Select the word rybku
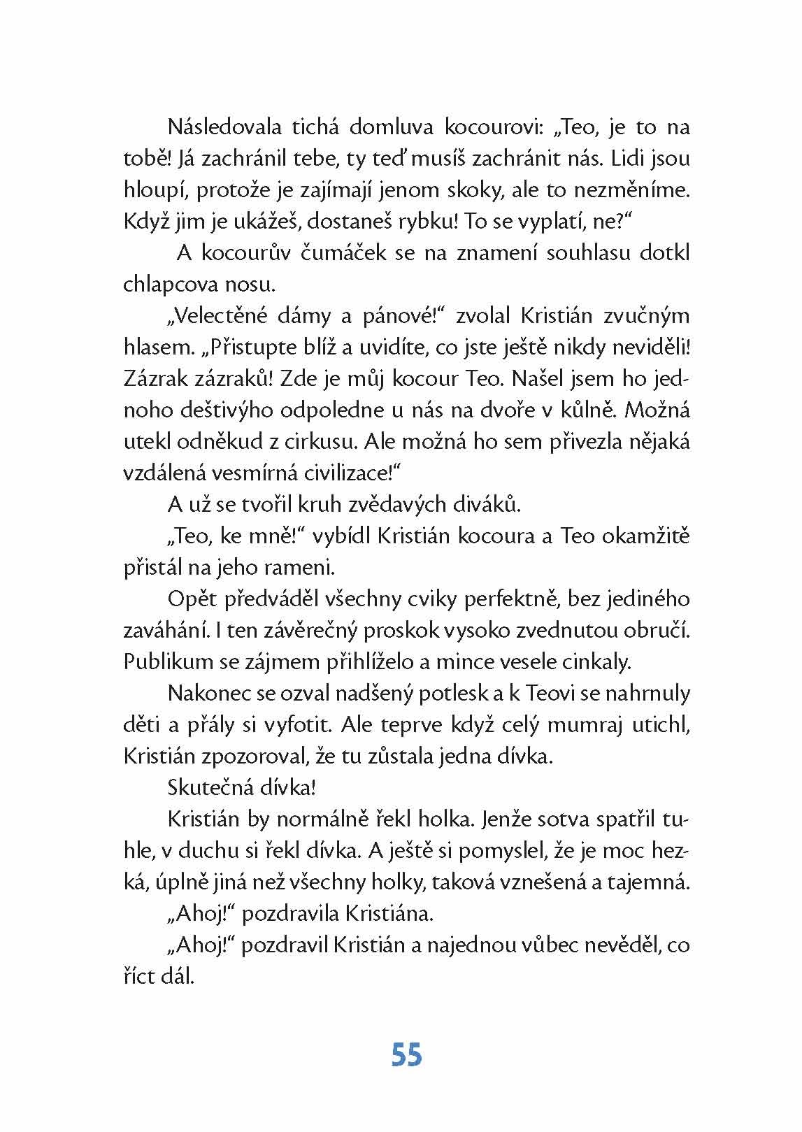tap(408, 222)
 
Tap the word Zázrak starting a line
tap(156, 379)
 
